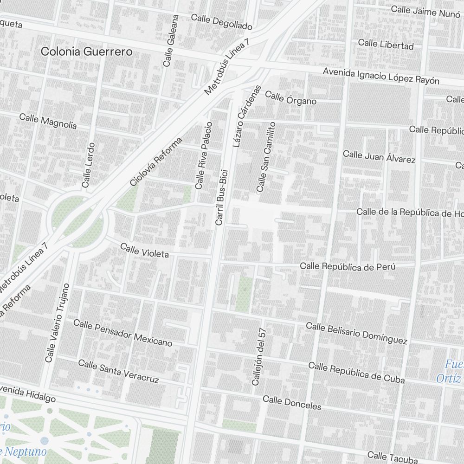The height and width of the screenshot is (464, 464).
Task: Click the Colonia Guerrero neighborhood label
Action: click(x=86, y=52)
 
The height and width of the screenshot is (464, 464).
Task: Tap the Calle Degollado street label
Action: click(x=221, y=22)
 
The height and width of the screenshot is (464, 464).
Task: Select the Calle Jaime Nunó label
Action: click(x=425, y=11)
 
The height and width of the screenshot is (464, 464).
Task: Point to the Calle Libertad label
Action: click(x=386, y=45)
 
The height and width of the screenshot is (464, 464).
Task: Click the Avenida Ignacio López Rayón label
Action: click(x=381, y=76)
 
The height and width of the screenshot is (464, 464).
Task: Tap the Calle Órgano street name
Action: click(x=290, y=98)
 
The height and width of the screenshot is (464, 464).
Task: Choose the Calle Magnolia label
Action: click(x=48, y=121)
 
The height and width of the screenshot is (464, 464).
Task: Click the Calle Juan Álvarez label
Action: click(x=379, y=156)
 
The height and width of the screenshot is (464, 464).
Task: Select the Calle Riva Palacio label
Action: click(x=204, y=155)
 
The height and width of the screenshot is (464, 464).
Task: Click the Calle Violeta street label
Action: click(x=144, y=250)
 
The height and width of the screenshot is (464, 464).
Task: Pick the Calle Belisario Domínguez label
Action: click(x=356, y=333)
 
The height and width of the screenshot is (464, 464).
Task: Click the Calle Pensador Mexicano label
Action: click(x=122, y=333)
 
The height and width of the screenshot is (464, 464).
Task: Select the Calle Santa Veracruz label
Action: click(x=118, y=371)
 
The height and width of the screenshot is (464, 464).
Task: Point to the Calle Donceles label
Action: click(x=292, y=402)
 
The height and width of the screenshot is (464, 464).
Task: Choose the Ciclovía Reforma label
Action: click(x=156, y=161)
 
